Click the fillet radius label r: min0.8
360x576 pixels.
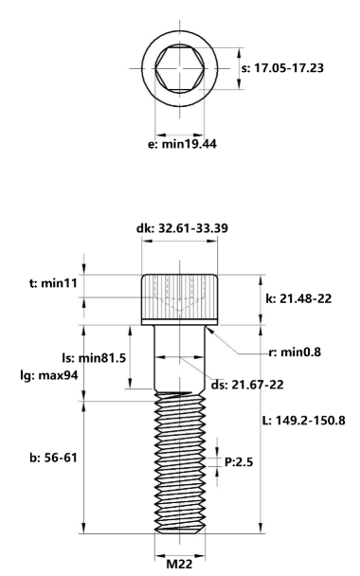(x=295, y=352)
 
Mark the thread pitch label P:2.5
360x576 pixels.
(x=240, y=464)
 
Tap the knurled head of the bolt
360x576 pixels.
(x=180, y=297)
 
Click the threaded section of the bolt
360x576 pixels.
(x=180, y=464)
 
